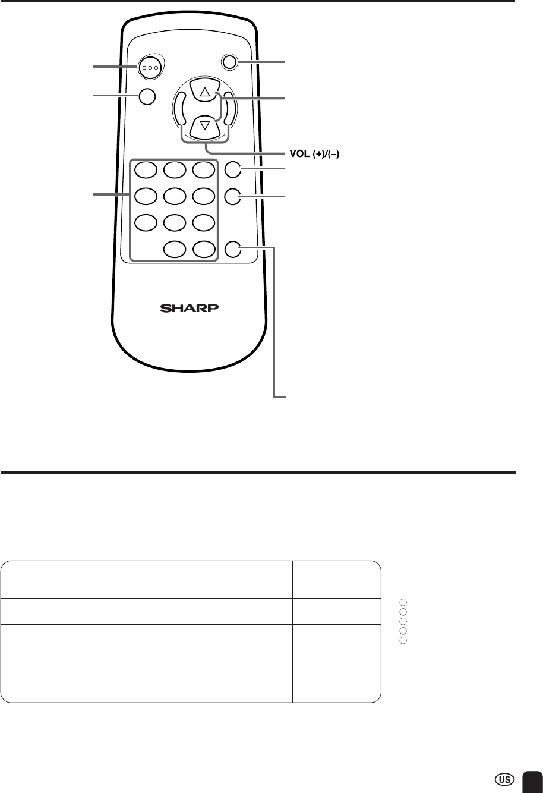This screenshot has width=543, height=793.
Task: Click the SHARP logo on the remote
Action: (x=190, y=308)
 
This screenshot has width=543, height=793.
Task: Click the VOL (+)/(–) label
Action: (x=314, y=154)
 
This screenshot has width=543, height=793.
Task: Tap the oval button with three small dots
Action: (x=150, y=67)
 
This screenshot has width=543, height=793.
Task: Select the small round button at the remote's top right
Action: (x=229, y=62)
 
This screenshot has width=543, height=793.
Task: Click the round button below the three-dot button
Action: (x=147, y=96)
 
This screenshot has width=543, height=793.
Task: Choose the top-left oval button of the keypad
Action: (x=146, y=169)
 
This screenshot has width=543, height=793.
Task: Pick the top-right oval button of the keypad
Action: (x=204, y=169)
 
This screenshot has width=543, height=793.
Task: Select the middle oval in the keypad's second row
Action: (x=175, y=196)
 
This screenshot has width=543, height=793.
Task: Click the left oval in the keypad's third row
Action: (x=146, y=223)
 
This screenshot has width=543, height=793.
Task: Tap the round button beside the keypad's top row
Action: (x=233, y=169)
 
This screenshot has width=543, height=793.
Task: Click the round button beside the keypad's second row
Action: (x=233, y=197)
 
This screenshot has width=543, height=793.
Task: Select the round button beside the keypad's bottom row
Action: (x=233, y=249)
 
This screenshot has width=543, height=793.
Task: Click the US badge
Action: (x=505, y=779)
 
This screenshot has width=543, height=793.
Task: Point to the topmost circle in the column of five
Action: (x=403, y=602)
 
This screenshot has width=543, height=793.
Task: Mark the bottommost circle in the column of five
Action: (x=403, y=640)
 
